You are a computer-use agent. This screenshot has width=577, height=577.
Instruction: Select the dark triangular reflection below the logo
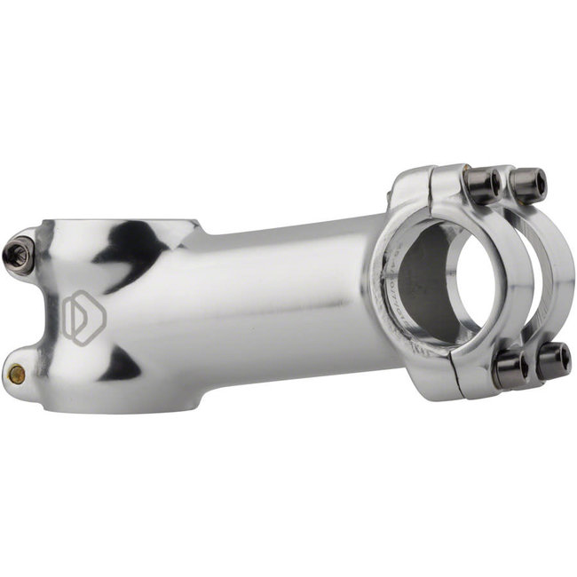pyautogui.click(x=120, y=364)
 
